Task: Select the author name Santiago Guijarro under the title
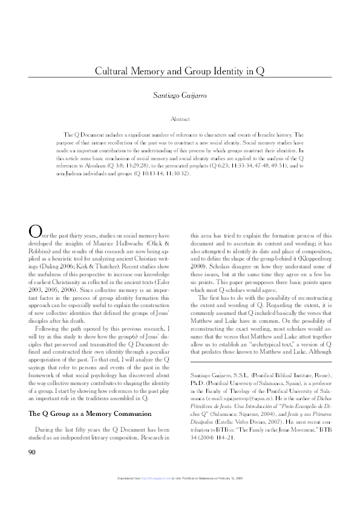[180, 96]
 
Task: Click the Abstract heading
[180, 119]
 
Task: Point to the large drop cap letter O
[34, 231]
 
